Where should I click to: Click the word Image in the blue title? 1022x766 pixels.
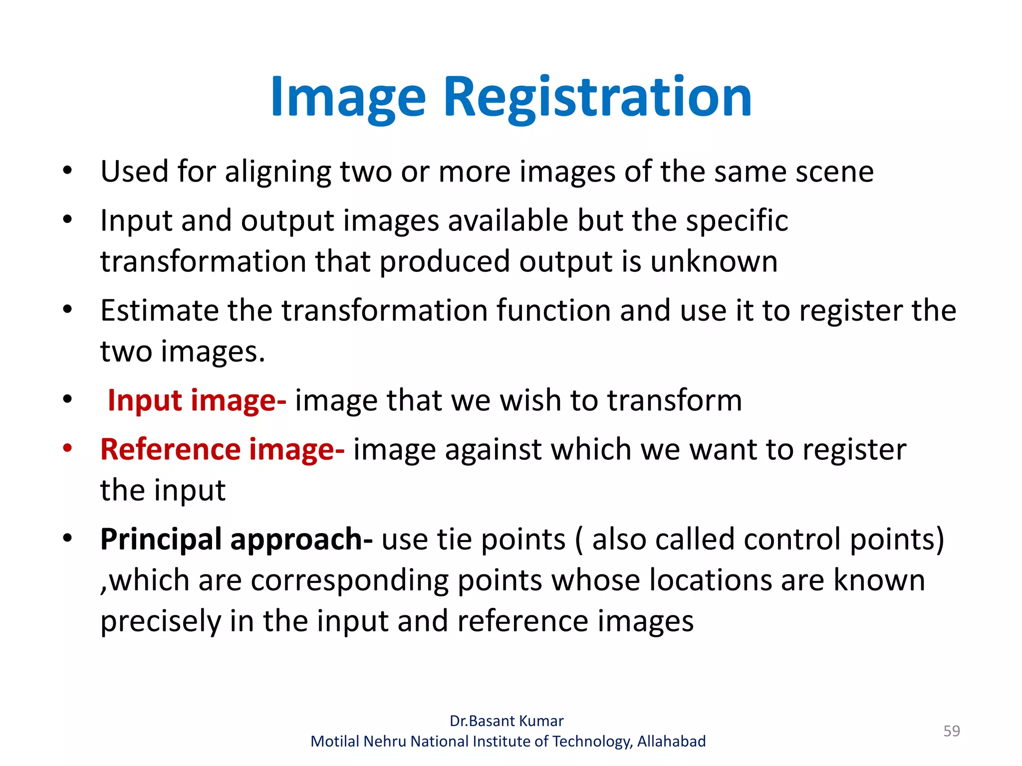coord(348,97)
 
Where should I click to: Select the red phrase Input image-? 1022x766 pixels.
coord(197,400)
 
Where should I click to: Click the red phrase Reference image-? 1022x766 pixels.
coord(222,449)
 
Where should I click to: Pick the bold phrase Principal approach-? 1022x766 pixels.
coord(236,540)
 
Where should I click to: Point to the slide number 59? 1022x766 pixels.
coord(951,731)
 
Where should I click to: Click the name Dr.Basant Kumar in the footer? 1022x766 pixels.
coord(507,721)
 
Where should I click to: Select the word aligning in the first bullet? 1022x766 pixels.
coord(277,173)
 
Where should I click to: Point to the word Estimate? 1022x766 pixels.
coord(159,311)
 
